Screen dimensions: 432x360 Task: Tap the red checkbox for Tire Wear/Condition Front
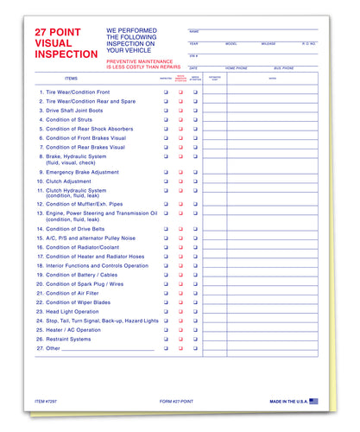click(180, 91)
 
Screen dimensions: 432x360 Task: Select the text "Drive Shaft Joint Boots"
click(78, 111)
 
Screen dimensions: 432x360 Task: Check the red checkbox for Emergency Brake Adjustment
click(180, 172)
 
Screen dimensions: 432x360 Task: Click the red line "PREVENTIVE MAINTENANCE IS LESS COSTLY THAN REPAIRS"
click(143, 65)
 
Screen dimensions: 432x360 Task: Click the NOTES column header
click(273, 78)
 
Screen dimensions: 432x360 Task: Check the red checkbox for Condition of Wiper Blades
click(180, 302)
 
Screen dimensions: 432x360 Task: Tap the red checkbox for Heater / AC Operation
click(180, 329)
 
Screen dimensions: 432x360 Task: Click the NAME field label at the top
click(194, 30)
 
